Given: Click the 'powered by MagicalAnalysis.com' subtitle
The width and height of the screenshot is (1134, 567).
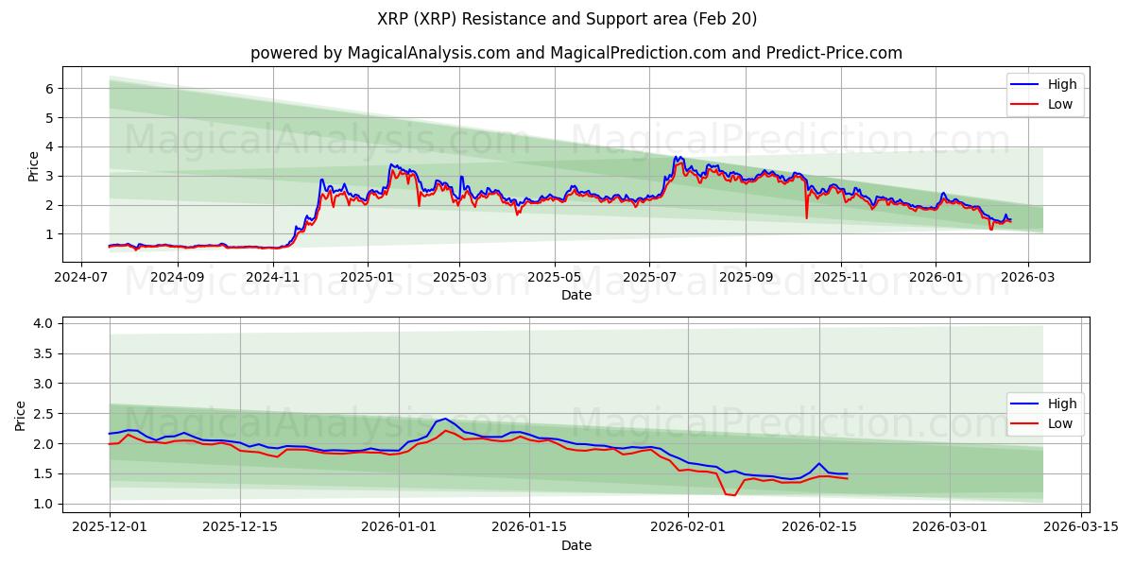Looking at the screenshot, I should [576, 53].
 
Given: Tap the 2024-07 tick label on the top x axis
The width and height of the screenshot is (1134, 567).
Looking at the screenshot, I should [82, 278].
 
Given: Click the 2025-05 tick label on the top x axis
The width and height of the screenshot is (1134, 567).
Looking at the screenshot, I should [554, 278].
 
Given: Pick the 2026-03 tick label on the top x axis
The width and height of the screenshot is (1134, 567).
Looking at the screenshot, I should [1027, 278].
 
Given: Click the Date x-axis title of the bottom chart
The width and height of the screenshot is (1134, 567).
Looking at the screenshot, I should [576, 545].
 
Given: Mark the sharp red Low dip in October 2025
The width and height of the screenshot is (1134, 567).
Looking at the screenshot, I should [806, 218].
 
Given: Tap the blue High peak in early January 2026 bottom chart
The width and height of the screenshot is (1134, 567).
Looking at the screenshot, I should [445, 418].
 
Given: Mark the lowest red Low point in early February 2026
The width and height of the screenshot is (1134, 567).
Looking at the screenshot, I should [734, 495].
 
